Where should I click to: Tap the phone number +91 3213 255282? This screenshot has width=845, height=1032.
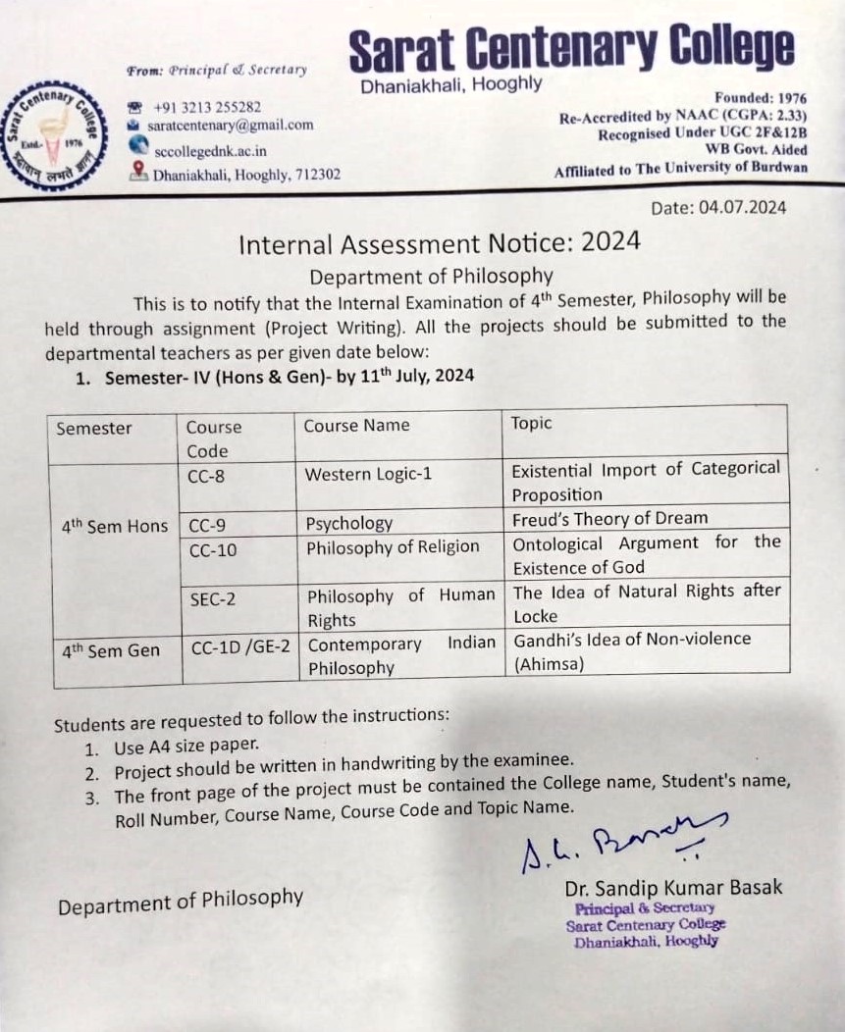(x=206, y=107)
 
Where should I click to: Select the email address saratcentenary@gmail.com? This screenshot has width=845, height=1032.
(x=230, y=126)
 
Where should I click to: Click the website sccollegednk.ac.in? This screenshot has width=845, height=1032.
(x=210, y=151)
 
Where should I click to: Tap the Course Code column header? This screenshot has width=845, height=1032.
(x=214, y=439)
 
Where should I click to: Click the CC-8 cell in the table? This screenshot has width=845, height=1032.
(x=207, y=475)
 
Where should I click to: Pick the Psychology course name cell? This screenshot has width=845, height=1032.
(x=348, y=523)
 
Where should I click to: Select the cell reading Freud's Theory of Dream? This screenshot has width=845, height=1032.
(x=609, y=518)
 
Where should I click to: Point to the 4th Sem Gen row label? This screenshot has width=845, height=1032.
(x=108, y=650)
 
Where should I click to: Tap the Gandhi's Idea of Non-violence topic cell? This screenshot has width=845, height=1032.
(x=631, y=650)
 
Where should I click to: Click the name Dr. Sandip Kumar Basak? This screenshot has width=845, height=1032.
(x=673, y=888)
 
